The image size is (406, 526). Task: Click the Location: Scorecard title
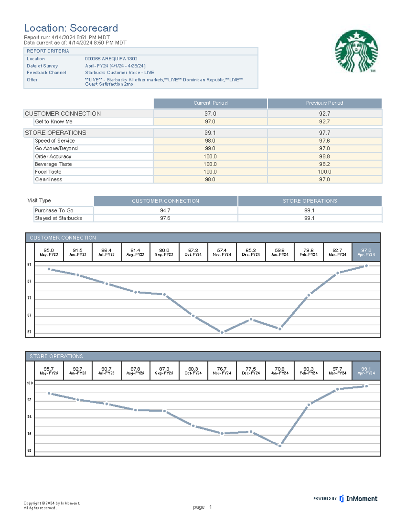[x=71, y=28]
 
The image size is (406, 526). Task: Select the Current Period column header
[x=210, y=103]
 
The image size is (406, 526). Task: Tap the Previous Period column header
[x=324, y=103]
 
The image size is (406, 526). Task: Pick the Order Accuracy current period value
[x=210, y=156]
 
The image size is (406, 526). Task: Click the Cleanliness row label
[x=49, y=180]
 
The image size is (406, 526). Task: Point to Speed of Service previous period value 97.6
[x=324, y=141]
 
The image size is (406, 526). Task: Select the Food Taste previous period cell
[x=324, y=172]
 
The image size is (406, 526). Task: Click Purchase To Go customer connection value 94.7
[x=165, y=210]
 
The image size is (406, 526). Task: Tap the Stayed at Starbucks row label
[x=59, y=218]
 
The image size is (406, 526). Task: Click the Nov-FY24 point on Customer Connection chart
[x=222, y=332]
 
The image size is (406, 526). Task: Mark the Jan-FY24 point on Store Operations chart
[x=280, y=446]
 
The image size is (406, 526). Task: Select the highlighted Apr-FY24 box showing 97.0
[x=366, y=252]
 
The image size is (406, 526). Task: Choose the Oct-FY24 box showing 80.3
[x=193, y=371]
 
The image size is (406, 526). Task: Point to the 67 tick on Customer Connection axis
[x=29, y=315]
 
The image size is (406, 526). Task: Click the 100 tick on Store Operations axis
[x=30, y=383]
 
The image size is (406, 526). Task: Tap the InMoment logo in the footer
[x=358, y=499]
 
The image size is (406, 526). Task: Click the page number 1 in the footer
[x=210, y=507]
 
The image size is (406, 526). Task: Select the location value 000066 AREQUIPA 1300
[x=111, y=59]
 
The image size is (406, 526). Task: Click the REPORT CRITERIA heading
[x=48, y=51]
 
